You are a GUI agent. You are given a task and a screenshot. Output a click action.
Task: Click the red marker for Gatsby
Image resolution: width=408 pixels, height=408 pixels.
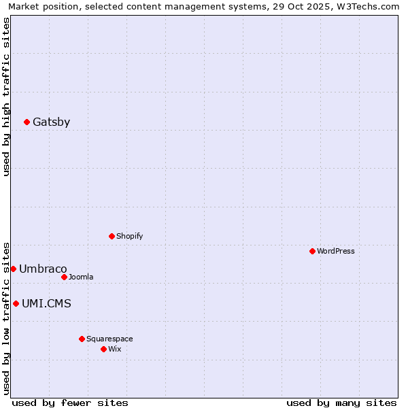[27, 122]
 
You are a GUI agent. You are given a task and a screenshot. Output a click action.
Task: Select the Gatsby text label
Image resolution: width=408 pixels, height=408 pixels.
[51, 122]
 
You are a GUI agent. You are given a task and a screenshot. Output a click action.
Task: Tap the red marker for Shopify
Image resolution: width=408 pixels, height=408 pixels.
[112, 237]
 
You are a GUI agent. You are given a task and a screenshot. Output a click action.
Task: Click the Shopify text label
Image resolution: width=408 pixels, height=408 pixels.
[129, 237]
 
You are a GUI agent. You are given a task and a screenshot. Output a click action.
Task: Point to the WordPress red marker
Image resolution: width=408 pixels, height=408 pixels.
[312, 252]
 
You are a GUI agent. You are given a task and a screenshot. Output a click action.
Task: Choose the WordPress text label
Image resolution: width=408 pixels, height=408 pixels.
[335, 252]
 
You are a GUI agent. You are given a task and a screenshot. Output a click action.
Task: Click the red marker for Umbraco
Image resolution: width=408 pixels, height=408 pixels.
[13, 269]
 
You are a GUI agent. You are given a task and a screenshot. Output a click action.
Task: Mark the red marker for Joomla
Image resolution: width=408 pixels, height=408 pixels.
[64, 277]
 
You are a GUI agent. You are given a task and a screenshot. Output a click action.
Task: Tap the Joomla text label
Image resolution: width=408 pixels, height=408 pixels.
[81, 277]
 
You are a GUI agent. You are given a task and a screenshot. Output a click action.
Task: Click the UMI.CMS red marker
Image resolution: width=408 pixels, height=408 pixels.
[16, 304]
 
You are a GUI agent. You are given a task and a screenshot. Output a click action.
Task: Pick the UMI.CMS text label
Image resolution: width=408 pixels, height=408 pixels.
[46, 304]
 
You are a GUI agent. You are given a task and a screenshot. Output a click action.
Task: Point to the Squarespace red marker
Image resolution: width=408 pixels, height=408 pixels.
[82, 339]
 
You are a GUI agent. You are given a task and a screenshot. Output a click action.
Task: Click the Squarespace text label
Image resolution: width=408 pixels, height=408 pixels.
[109, 339]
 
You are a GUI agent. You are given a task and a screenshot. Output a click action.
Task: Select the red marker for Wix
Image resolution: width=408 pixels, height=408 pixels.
[103, 349]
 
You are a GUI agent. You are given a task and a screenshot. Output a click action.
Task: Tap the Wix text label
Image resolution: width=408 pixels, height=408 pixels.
[114, 349]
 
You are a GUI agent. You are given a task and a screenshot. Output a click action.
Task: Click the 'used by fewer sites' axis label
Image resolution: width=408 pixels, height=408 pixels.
[70, 403]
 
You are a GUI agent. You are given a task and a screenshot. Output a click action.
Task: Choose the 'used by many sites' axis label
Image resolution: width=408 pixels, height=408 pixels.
[341, 403]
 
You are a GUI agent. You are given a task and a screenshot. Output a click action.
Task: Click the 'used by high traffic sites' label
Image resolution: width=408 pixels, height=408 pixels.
[6, 97]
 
